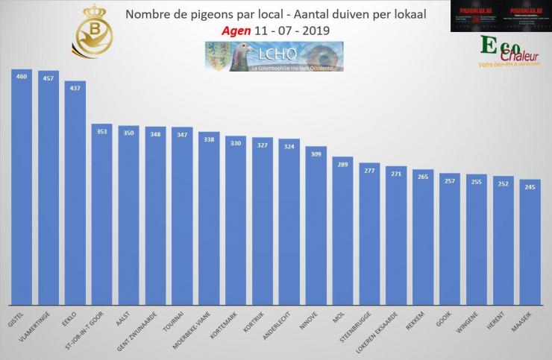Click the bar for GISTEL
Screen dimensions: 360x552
21,186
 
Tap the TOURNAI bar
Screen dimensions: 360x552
181,216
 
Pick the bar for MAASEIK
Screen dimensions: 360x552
530,242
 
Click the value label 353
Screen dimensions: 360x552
101,132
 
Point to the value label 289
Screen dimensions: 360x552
342,165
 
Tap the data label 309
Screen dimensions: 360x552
316,154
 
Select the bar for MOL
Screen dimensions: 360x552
342,231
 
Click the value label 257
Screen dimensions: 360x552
450,181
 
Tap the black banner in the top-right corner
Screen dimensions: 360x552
501,16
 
